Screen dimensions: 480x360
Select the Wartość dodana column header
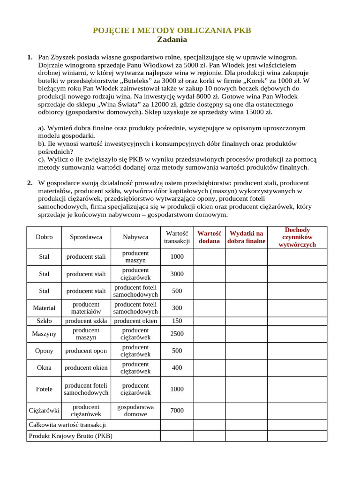[x=209, y=237]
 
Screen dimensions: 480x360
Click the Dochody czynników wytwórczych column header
[x=297, y=237]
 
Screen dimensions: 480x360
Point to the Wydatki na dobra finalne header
[x=246, y=237]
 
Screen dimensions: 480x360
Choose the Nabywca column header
[x=135, y=237]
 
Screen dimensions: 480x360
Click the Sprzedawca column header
[x=86, y=237]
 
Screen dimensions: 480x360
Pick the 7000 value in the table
[x=177, y=411]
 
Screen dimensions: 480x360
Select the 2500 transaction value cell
[x=177, y=334]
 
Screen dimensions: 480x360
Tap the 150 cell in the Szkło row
[x=177, y=321]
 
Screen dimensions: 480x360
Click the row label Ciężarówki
[x=44, y=411]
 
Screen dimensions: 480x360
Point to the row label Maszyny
[x=44, y=334]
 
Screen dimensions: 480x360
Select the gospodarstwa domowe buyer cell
[x=135, y=411]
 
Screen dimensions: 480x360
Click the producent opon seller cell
[x=86, y=351]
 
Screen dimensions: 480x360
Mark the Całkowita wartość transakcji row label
[x=67, y=425]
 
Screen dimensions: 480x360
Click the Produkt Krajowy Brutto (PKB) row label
[x=71, y=436]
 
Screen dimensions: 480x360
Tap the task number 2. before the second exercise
[x=30, y=183]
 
